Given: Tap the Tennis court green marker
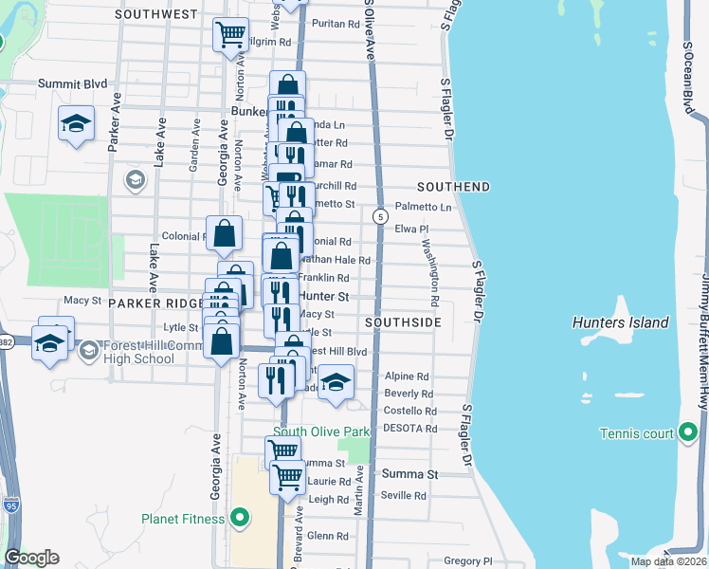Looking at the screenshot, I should click(x=689, y=434).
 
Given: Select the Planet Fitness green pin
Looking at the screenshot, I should click(x=240, y=519).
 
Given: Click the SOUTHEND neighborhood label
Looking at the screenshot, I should click(x=454, y=186).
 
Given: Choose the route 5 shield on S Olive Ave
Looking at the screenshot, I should click(x=379, y=216).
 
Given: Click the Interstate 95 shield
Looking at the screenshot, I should click(x=10, y=505).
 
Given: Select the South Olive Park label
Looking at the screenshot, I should click(x=320, y=431).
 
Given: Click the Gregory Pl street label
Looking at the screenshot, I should click(x=463, y=561).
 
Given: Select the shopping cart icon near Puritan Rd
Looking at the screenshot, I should click(x=231, y=35).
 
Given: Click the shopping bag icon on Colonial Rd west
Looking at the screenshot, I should click(x=225, y=233).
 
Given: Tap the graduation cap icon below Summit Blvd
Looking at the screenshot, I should click(x=76, y=123).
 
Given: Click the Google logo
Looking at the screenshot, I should click(x=32, y=558).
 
